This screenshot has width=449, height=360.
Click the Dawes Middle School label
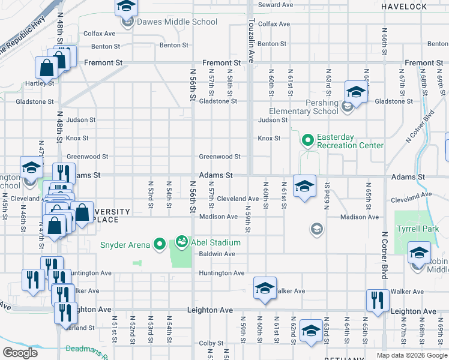click(x=176, y=22)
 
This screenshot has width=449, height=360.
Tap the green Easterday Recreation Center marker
click(x=308, y=141)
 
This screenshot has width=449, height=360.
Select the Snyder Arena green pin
click(x=159, y=243)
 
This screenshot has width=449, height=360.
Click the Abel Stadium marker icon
click(x=181, y=242)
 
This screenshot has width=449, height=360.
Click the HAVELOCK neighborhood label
click(x=404, y=7)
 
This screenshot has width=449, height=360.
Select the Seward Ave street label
click(x=275, y=5)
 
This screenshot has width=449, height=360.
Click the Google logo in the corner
click(x=19, y=353)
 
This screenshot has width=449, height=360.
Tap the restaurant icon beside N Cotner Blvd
click(x=377, y=301)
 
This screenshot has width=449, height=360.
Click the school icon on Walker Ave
click(x=265, y=288)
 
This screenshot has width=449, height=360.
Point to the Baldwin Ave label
click(x=218, y=254)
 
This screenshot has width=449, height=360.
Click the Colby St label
click(x=211, y=343)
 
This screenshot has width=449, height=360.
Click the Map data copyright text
click(x=411, y=355)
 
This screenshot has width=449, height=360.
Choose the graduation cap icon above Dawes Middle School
click(x=126, y=6)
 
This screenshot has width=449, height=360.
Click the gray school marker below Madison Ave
click(x=316, y=229)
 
